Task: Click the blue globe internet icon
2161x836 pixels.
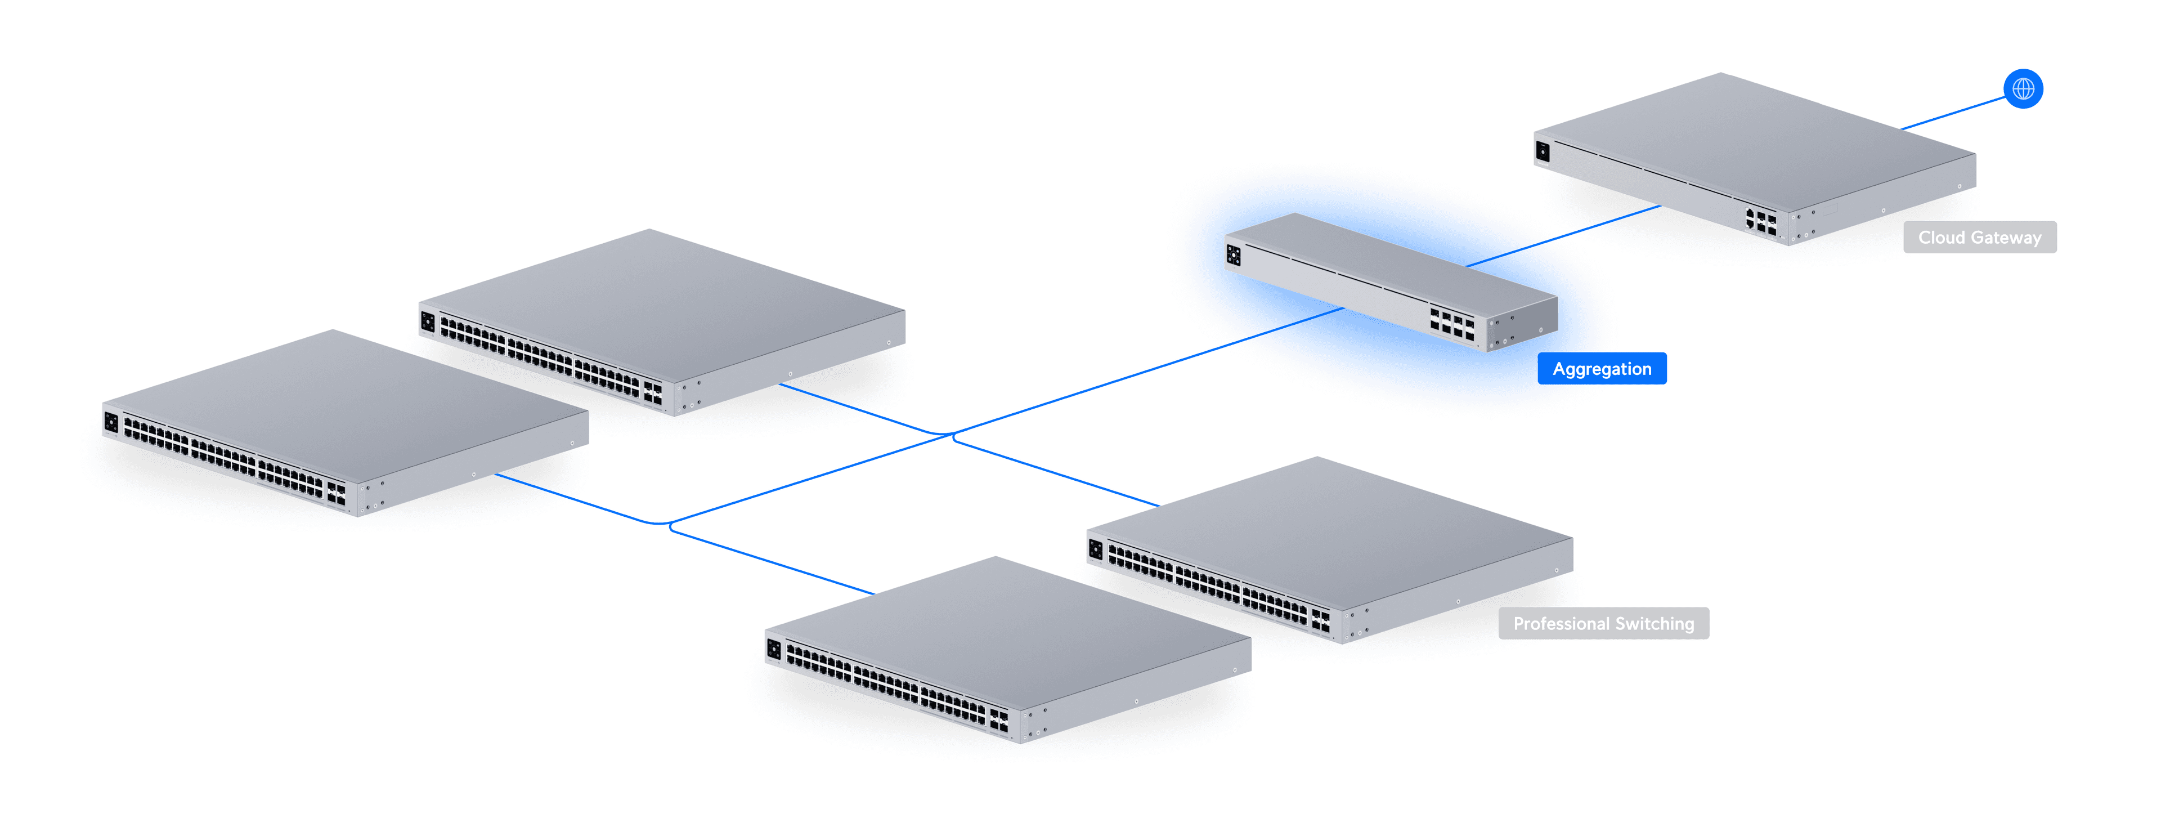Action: pos(2023,88)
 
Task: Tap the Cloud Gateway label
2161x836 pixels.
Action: pos(1979,238)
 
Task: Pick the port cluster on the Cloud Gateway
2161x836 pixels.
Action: pos(1760,222)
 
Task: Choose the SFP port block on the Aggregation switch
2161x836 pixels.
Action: pos(1451,323)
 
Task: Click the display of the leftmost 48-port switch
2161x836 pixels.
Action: pos(111,421)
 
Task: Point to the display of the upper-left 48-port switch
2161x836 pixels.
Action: pos(428,321)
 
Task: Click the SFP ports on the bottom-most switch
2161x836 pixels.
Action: pos(998,720)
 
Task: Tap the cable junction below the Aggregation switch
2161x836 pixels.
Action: pos(952,434)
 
